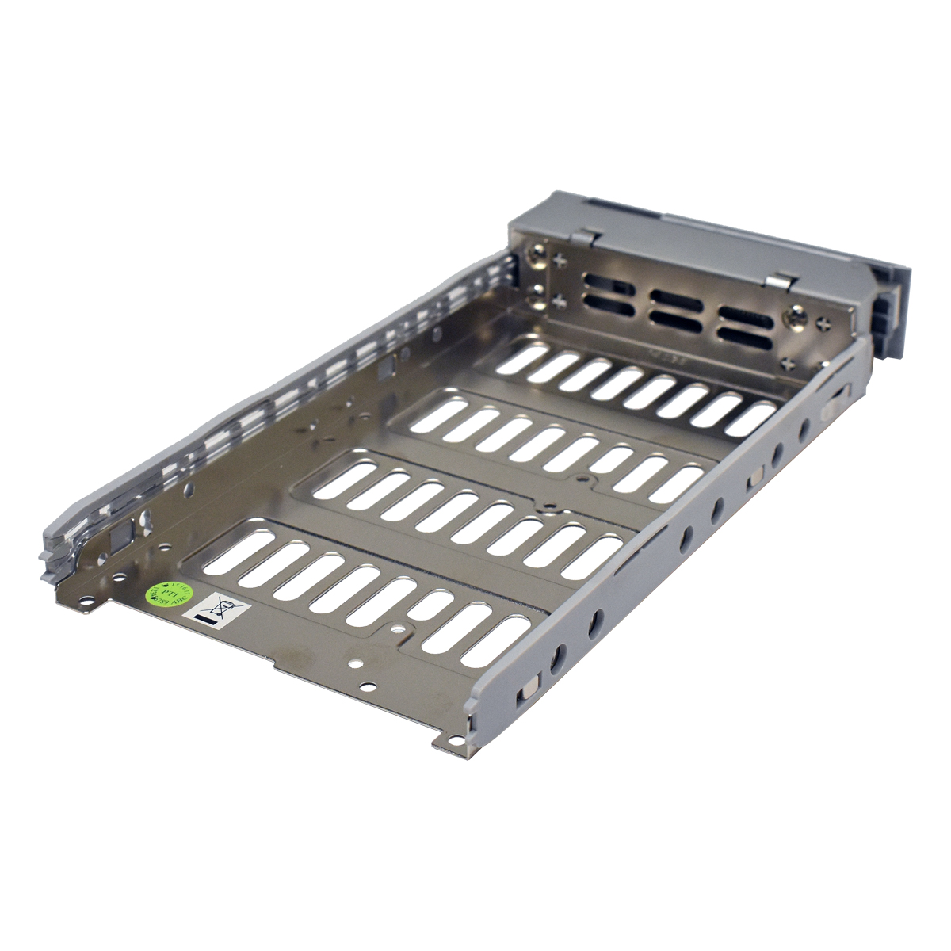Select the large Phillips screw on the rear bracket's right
click(796, 318)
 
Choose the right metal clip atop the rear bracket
click(783, 278)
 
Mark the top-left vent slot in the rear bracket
click(610, 281)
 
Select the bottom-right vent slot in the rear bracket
click(746, 342)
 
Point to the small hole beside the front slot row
click(399, 630)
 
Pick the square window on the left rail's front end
click(121, 535)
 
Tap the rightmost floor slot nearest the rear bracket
click(750, 418)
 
